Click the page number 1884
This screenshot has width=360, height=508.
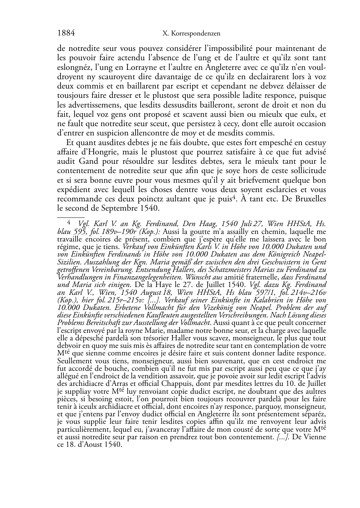coord(66,33)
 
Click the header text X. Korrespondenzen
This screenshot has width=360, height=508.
coord(191,34)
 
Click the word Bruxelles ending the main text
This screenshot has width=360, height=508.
coord(308,199)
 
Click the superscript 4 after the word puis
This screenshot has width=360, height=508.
coord(234,197)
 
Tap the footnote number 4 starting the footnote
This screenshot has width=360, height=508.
coord(69,223)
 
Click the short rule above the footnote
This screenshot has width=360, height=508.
coord(71,217)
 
